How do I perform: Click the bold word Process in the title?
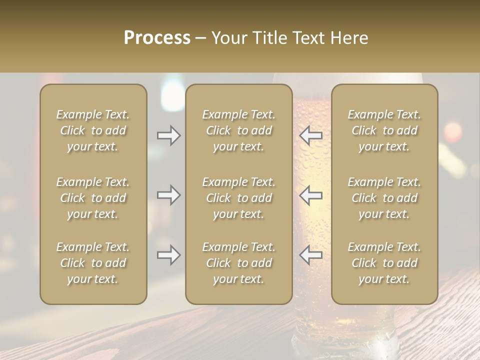tap(157, 38)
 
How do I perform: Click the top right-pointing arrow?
tap(168, 135)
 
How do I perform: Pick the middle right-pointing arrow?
tap(168, 195)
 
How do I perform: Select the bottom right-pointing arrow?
tap(168, 255)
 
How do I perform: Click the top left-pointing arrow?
tap(311, 135)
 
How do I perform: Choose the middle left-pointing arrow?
tap(311, 195)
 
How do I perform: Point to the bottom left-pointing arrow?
tap(311, 255)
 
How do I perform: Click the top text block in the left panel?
tap(93, 130)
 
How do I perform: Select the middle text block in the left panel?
tap(93, 198)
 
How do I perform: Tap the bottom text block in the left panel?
tap(93, 263)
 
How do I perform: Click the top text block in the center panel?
tap(238, 130)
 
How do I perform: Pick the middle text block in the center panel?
tap(238, 198)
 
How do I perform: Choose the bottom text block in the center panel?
tap(238, 263)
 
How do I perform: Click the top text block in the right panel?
tap(384, 130)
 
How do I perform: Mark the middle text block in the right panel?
tap(384, 198)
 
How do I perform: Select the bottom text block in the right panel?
tap(384, 263)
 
